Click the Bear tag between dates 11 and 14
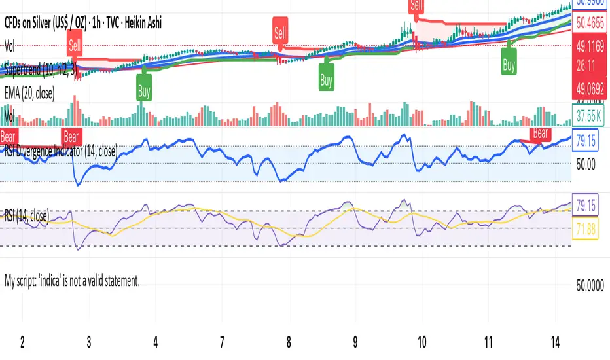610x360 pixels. tap(540, 134)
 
